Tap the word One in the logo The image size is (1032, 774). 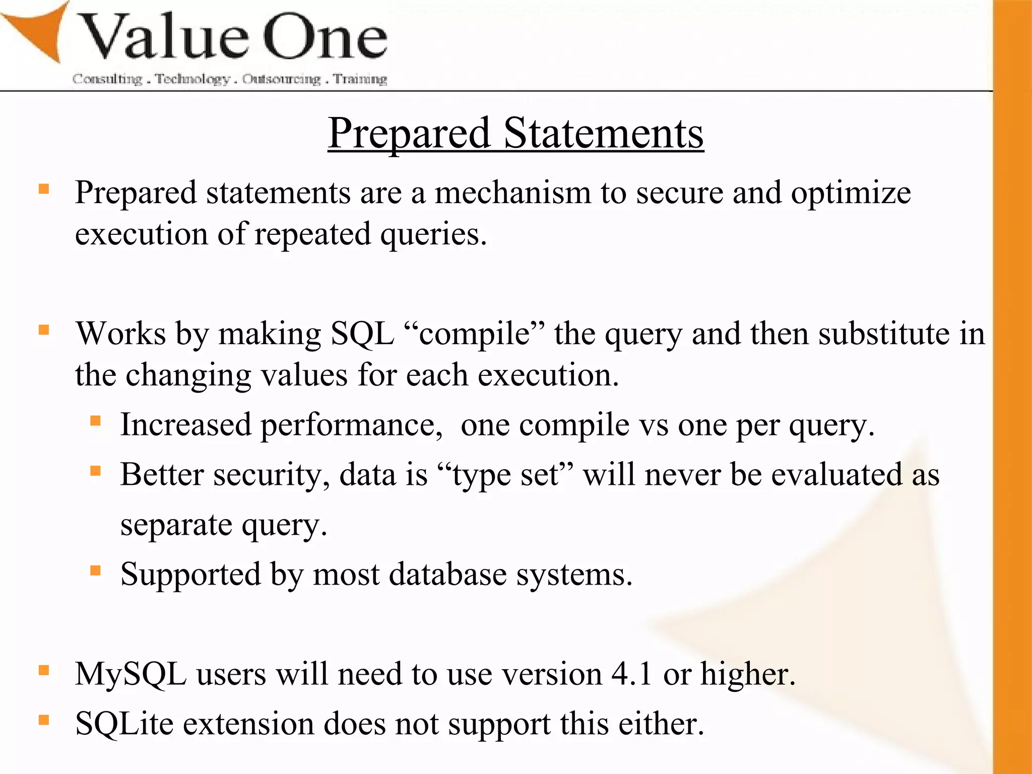pyautogui.click(x=325, y=38)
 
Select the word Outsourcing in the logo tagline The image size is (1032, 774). pyautogui.click(x=281, y=79)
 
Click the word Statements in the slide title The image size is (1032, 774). pyautogui.click(x=603, y=133)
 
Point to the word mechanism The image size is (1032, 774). pyautogui.click(x=512, y=193)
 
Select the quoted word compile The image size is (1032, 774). pyautogui.click(x=474, y=335)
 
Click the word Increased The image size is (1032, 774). pyautogui.click(x=185, y=424)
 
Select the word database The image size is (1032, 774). pyautogui.click(x=447, y=574)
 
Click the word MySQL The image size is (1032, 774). pyautogui.click(x=131, y=674)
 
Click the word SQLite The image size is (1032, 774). pyautogui.click(x=124, y=724)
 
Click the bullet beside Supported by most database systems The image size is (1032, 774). pyautogui.click(x=95, y=570)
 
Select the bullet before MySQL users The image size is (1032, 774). pyautogui.click(x=44, y=670)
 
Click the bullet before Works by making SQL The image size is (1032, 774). pyautogui.click(x=44, y=330)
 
